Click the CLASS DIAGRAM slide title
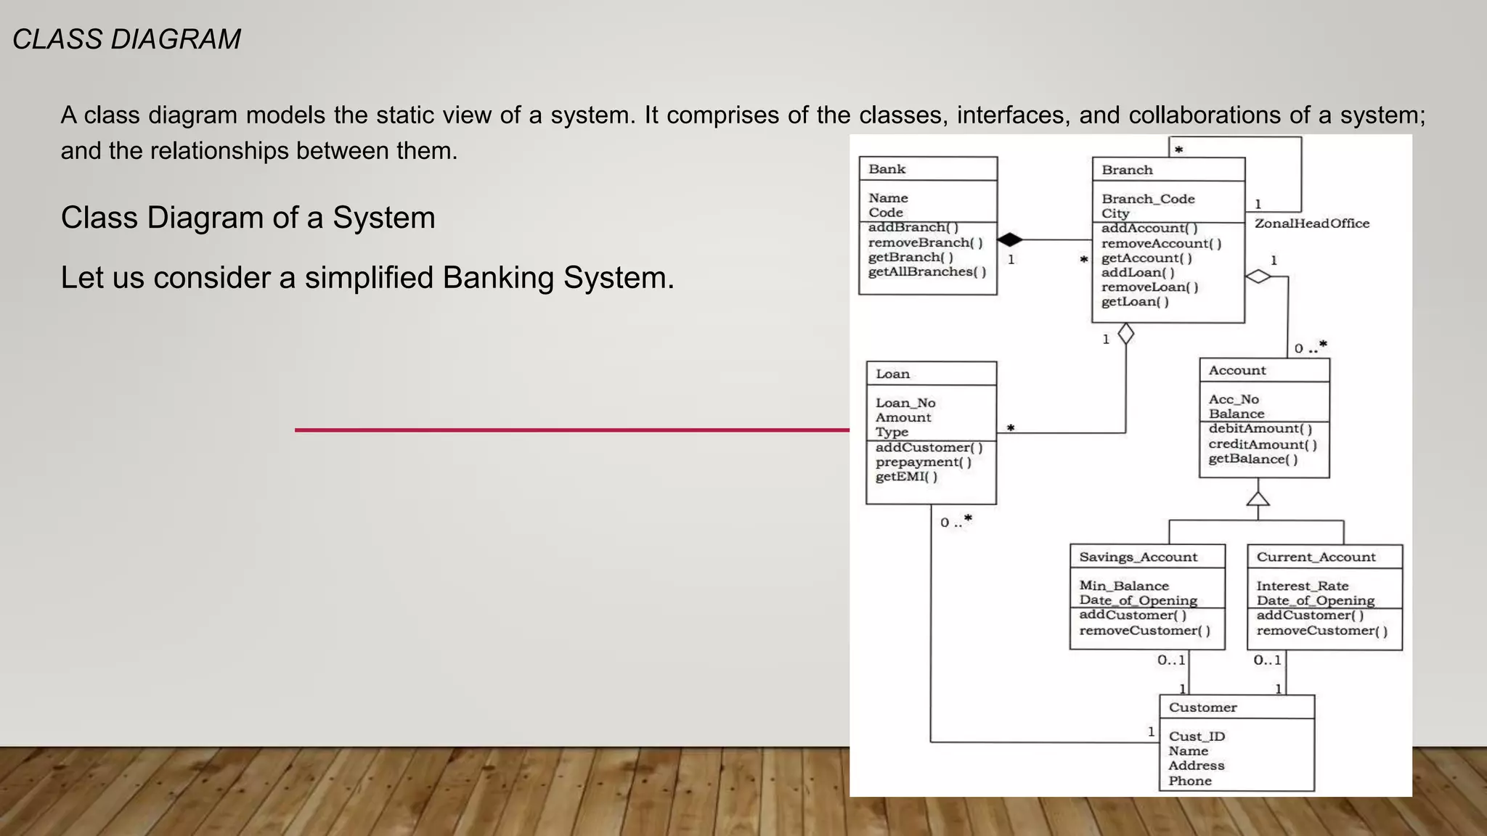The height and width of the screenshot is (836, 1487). [x=127, y=39]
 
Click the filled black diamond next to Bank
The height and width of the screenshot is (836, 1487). [x=1009, y=239]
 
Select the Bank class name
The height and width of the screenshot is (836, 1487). [x=887, y=169]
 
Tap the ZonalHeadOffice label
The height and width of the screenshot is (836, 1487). [x=1312, y=224]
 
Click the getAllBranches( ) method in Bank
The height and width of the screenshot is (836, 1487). [x=927, y=272]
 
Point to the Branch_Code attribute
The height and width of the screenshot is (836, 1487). [x=1148, y=199]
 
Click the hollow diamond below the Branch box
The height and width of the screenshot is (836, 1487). [x=1126, y=335]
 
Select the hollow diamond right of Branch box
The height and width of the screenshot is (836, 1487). [x=1258, y=276]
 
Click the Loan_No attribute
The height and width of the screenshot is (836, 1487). [x=905, y=403]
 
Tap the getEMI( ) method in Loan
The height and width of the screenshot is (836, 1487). [x=906, y=477]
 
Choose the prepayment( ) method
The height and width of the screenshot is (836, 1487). [x=923, y=462]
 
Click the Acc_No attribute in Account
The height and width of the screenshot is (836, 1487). [x=1234, y=399]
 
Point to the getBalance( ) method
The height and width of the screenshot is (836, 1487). [x=1252, y=459]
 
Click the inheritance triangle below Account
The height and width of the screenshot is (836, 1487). [x=1258, y=499]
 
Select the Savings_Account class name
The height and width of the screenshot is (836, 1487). [x=1138, y=557]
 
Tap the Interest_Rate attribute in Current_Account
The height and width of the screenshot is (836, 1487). [x=1303, y=586]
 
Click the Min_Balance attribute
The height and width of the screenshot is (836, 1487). [x=1124, y=586]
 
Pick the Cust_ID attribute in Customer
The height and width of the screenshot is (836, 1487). [x=1197, y=737]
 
